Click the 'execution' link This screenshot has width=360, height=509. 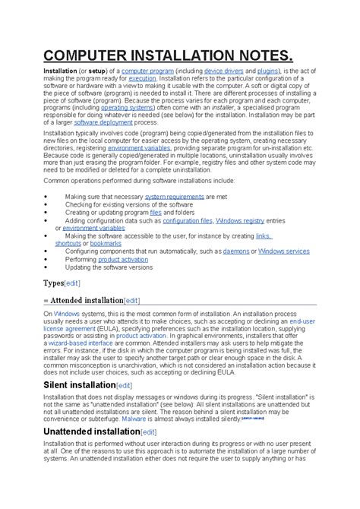tap(142, 78)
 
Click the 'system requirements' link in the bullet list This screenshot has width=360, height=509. tap(174, 196)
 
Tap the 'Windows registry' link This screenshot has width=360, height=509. tap(240, 220)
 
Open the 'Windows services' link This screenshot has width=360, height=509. tap(283, 251)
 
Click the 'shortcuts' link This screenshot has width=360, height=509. tap(68, 243)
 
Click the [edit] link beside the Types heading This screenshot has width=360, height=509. tap(72, 283)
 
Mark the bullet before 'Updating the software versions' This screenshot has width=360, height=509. tap(47, 267)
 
